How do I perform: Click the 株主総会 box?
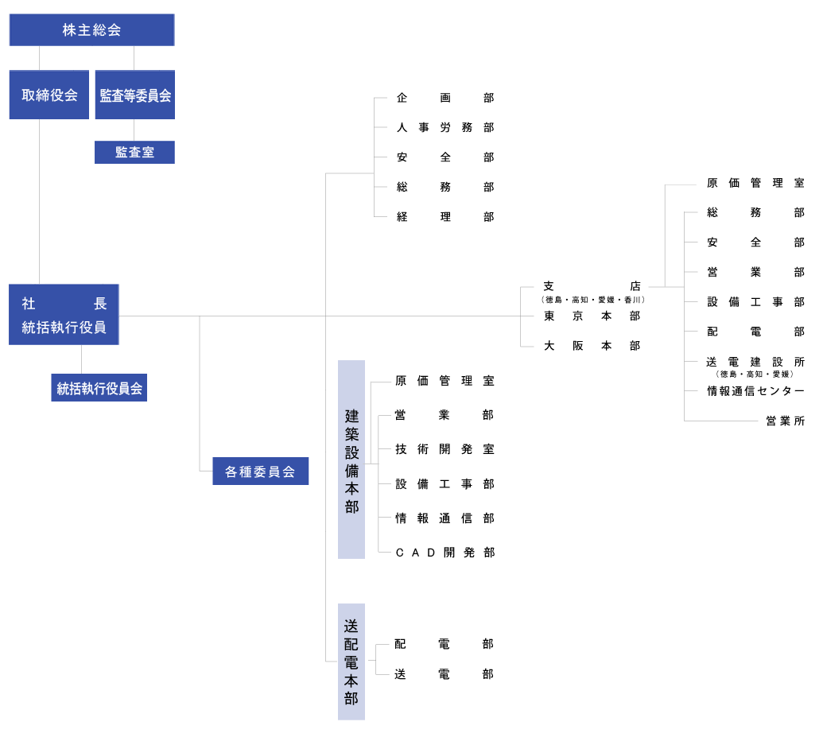click(91, 30)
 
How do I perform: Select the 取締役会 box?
click(49, 95)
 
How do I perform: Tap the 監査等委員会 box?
click(135, 95)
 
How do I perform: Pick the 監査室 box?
click(134, 153)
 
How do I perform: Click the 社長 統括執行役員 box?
click(64, 315)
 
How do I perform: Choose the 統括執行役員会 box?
click(99, 388)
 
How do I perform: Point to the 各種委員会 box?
click(261, 471)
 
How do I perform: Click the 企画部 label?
click(445, 98)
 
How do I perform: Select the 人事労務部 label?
click(445, 127)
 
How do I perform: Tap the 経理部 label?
click(445, 217)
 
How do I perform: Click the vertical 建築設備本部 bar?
click(351, 460)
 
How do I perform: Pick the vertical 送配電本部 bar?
click(351, 661)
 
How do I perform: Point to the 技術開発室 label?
click(445, 449)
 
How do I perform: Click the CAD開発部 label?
click(445, 553)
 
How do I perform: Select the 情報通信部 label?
click(445, 518)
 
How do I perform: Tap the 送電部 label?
click(444, 674)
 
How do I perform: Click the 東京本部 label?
click(592, 316)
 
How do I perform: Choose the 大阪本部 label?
click(592, 345)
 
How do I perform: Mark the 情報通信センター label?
click(755, 391)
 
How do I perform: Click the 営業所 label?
click(786, 421)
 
